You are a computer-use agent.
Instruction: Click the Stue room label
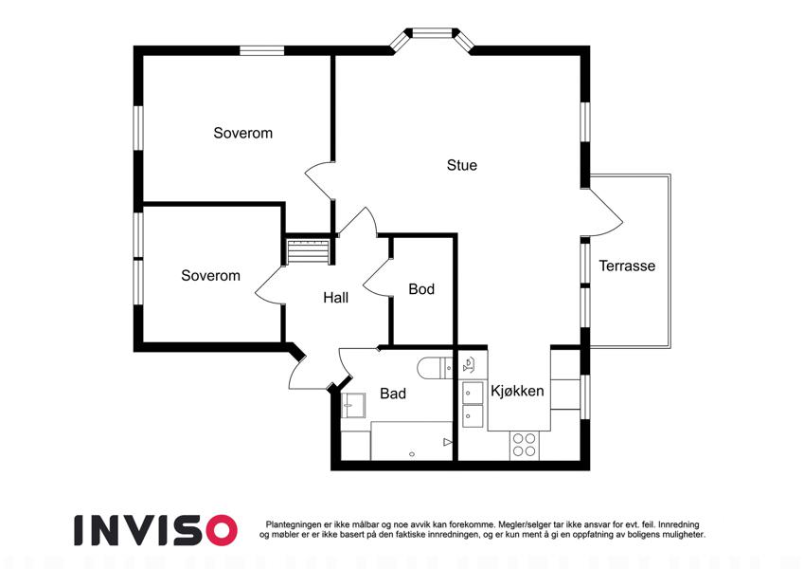(461, 165)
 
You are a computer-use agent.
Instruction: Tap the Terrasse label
(627, 266)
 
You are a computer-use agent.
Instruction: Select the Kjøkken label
(517, 391)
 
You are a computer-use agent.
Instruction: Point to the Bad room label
(393, 394)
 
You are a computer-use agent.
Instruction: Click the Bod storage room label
(421, 289)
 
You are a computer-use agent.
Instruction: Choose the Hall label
(336, 298)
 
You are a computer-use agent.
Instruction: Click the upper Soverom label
(242, 133)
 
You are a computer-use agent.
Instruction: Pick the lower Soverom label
(210, 275)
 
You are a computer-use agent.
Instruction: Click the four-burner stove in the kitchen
(524, 445)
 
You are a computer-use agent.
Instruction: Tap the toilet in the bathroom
(435, 368)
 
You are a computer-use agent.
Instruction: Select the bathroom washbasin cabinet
(353, 406)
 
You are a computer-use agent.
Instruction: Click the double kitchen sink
(473, 405)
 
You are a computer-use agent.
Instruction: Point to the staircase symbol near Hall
(307, 251)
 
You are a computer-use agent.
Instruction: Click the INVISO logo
(156, 530)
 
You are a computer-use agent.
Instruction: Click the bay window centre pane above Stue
(431, 33)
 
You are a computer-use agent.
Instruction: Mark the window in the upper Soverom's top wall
(262, 50)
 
